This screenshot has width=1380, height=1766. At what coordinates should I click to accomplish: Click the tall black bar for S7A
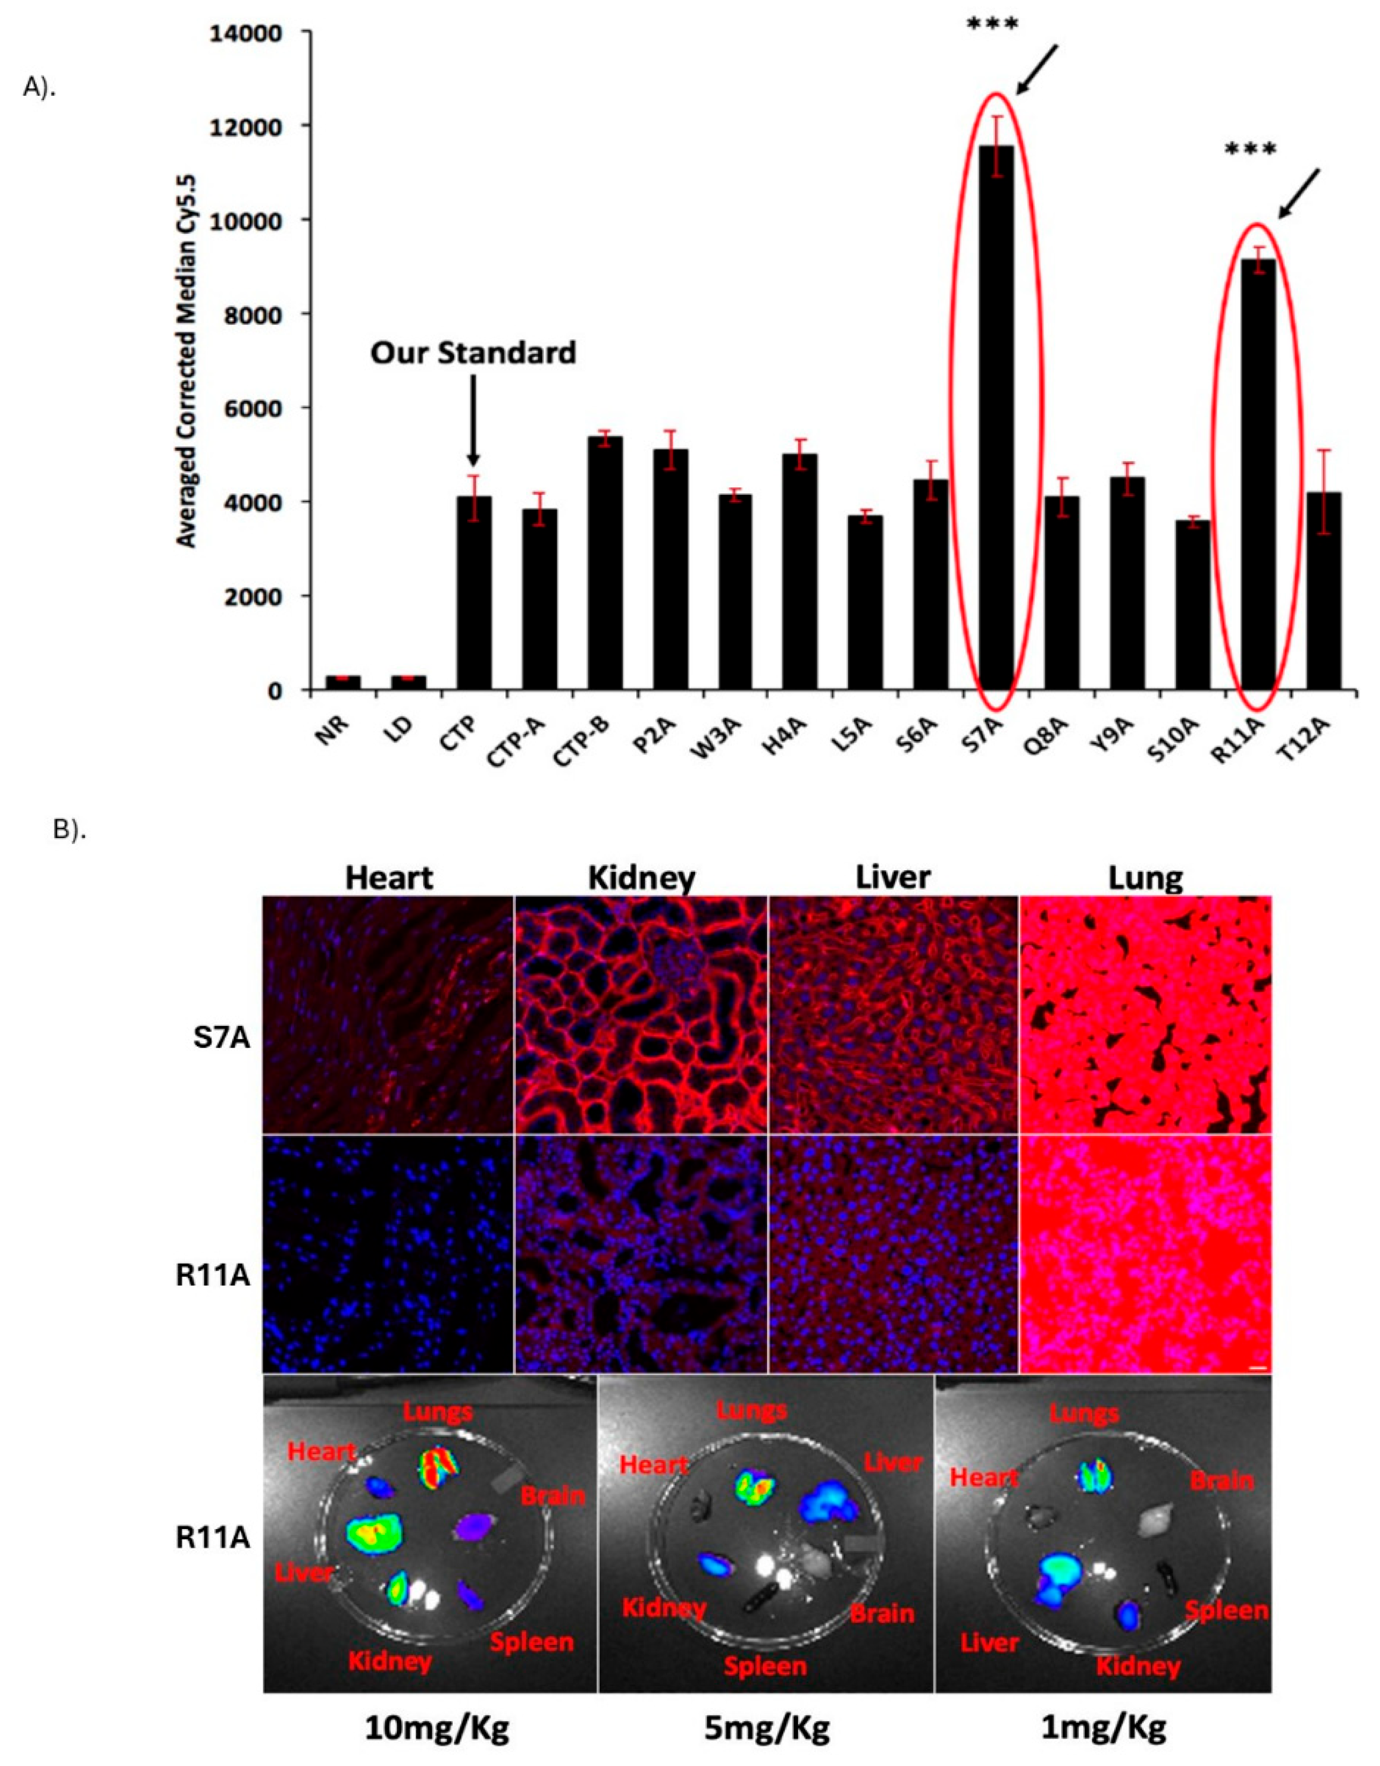[996, 421]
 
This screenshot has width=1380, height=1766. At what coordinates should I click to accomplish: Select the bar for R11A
[1258, 477]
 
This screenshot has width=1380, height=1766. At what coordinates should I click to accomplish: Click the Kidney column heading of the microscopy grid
[642, 877]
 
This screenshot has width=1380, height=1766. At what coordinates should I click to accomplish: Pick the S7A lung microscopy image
[1145, 1014]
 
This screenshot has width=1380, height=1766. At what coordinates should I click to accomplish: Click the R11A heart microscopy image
[388, 1253]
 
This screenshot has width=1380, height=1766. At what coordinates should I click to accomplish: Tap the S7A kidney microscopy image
[642, 1014]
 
